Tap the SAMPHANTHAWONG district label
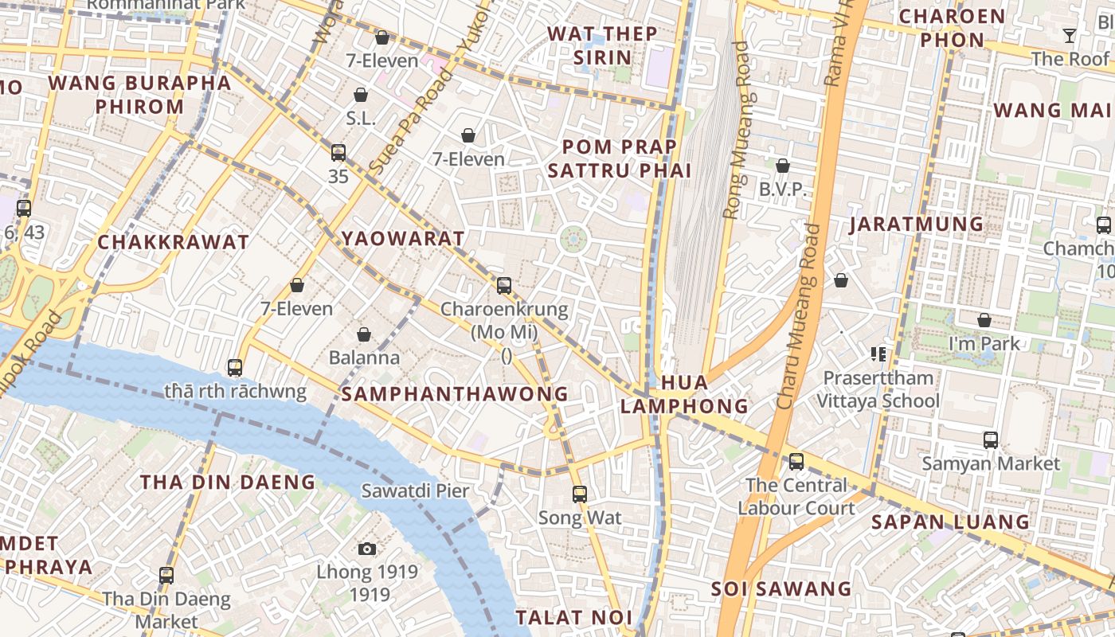pos(455,393)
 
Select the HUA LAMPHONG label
pos(684,394)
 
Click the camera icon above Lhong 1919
pos(366,549)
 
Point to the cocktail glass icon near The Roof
pos(1069,36)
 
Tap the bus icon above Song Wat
pos(580,494)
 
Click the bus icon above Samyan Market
pos(991,440)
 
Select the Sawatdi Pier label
pos(415,490)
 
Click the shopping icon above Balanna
pos(364,334)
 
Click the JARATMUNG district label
pos(916,224)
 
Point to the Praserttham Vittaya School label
pos(878,389)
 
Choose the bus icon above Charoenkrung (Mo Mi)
pos(504,285)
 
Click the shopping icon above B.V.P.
pos(783,166)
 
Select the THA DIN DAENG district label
pos(228,482)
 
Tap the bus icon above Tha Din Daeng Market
pos(166,575)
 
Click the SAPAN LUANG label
pos(949,522)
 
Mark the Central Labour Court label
pos(796,496)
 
